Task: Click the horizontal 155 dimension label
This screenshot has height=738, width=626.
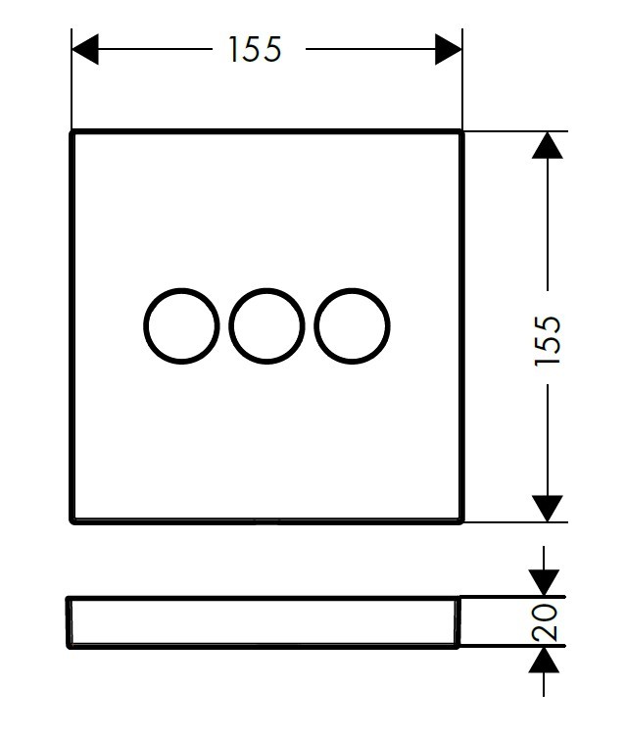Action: click(255, 49)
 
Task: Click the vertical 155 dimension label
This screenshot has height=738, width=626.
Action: click(548, 340)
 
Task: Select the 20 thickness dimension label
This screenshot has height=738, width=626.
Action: click(545, 621)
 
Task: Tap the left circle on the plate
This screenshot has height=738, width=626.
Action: click(181, 325)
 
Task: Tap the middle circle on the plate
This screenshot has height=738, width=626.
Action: click(266, 325)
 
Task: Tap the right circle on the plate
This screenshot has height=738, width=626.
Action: click(352, 325)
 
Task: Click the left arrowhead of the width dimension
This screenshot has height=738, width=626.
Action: click(85, 49)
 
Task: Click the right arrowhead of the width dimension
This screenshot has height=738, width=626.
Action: click(449, 49)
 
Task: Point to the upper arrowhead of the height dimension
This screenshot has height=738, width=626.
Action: click(547, 145)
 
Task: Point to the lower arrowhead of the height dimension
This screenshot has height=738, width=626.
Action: click(547, 509)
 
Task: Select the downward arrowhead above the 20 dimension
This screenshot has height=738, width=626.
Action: click(544, 583)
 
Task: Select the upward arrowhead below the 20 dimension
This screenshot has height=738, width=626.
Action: click(544, 660)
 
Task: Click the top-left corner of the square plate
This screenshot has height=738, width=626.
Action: click(72, 131)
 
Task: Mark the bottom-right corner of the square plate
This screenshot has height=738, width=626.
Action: click(462, 522)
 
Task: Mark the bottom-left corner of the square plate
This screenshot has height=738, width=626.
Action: click(72, 522)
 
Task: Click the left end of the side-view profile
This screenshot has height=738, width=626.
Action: click(69, 622)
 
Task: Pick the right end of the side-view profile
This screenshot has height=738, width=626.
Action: click(457, 622)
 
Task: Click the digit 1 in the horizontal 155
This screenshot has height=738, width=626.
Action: click(232, 49)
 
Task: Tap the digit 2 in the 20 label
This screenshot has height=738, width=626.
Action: click(545, 632)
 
